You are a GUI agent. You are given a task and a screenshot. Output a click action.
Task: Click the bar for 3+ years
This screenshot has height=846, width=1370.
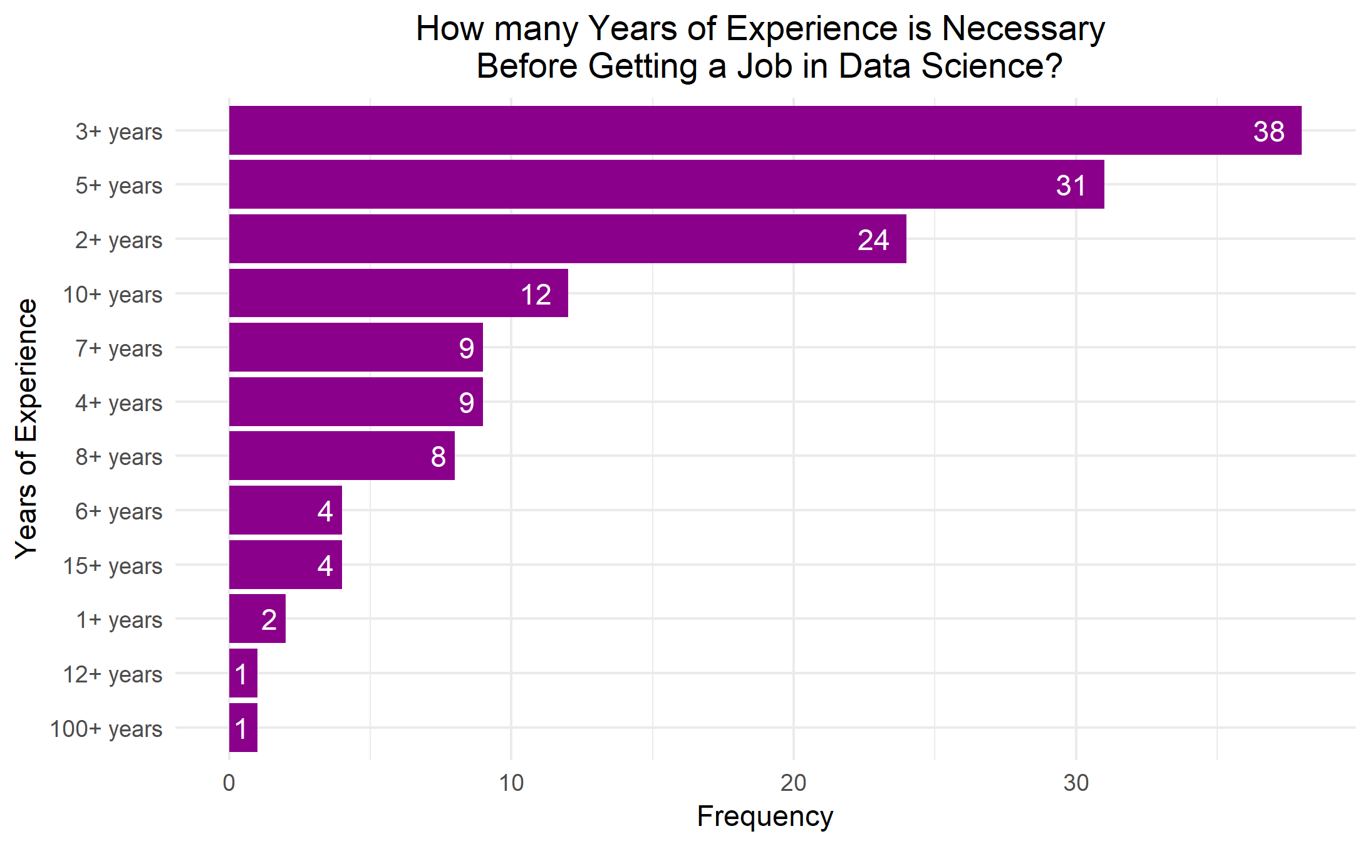point(764,130)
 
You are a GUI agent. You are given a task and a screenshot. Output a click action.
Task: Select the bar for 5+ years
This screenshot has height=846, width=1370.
point(666,184)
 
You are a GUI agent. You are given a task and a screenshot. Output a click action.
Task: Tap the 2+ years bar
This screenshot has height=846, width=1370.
point(567,239)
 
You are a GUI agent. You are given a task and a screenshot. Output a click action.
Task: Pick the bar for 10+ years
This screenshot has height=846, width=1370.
point(398,293)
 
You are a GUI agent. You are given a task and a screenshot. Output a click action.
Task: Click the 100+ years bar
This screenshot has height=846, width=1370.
point(243,728)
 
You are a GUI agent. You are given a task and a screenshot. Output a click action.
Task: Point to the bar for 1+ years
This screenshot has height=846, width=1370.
point(257,619)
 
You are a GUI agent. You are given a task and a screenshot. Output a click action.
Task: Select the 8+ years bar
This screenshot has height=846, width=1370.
point(341,456)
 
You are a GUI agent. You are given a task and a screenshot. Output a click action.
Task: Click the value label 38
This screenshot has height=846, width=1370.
point(1269,132)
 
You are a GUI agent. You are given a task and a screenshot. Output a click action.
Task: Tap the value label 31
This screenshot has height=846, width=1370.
point(1071,185)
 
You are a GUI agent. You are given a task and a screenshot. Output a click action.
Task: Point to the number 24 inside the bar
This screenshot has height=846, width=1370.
point(873,240)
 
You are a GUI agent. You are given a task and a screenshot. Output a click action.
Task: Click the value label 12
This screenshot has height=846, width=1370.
point(536,295)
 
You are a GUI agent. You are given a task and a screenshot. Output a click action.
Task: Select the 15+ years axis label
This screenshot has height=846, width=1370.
point(113,566)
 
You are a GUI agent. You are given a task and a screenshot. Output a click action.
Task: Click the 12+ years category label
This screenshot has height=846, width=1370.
point(113,674)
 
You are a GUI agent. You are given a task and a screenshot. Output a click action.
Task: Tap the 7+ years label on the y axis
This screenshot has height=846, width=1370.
point(119,348)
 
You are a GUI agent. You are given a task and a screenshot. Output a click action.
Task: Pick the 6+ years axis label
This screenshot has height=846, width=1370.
point(119,511)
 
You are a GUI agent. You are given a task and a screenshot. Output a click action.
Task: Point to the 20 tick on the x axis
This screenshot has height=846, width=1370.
point(793,783)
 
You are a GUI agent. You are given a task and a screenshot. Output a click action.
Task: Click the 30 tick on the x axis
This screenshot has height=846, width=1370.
point(1076,783)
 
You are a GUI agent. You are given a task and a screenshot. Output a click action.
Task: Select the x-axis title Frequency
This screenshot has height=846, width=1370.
point(765,817)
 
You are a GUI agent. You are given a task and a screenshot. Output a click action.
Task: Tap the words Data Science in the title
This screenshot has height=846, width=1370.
point(950,66)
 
